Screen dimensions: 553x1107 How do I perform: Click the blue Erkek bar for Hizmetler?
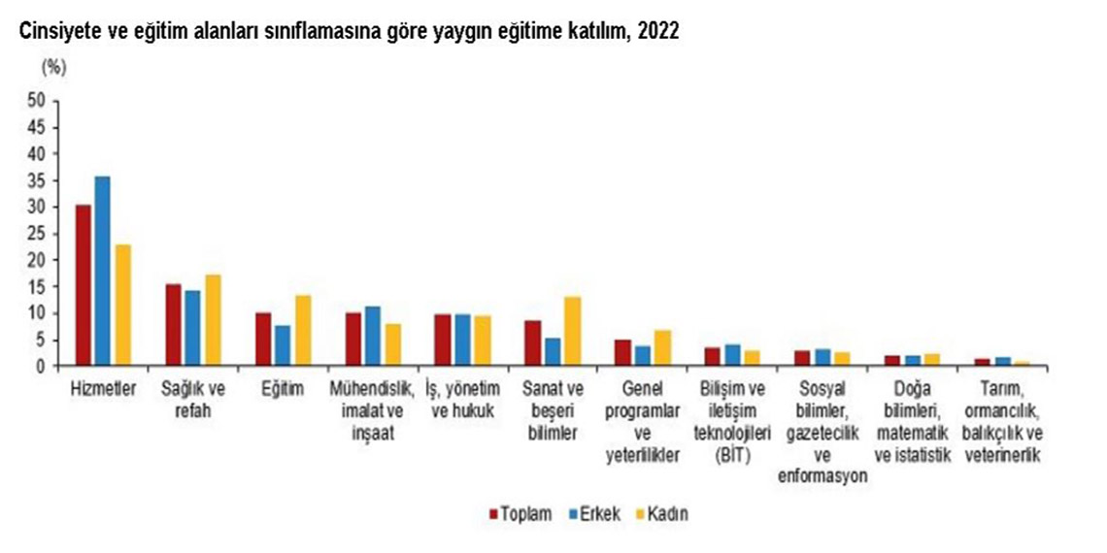tap(103, 272)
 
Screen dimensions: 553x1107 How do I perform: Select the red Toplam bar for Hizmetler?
tap(84, 286)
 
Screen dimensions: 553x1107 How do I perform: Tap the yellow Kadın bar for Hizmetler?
tap(122, 306)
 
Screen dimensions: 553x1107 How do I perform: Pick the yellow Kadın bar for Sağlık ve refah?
tap(213, 321)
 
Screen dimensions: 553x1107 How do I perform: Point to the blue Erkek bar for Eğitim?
tap(283, 346)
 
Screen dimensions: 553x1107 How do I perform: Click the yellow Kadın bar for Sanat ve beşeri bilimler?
tap(573, 332)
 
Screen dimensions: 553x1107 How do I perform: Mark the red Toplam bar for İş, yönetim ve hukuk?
tap(443, 341)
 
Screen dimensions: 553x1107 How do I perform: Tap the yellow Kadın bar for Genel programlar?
tap(662, 348)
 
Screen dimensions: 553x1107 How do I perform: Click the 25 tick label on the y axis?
tap(37, 233)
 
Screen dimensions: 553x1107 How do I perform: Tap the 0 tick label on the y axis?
tap(41, 367)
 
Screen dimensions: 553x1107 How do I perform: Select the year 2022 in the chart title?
tap(659, 32)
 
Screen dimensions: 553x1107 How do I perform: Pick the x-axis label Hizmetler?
tap(102, 389)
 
